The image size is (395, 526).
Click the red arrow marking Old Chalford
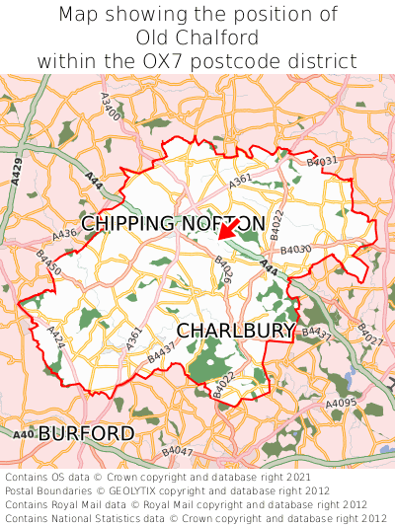click(226, 230)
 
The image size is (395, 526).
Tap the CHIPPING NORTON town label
click(173, 224)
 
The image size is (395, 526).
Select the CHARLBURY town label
click(236, 330)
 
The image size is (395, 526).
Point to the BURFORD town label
click(86, 433)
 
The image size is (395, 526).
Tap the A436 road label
click(64, 236)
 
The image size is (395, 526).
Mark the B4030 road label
click(295, 251)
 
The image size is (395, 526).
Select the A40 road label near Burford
click(23, 434)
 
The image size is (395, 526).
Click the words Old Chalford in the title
click(197, 38)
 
